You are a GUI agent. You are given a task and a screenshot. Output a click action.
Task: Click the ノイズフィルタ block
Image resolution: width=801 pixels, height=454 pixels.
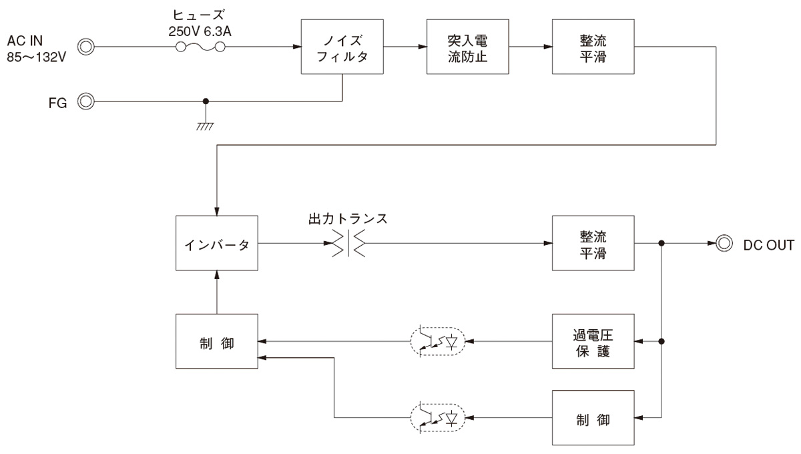point(342,47)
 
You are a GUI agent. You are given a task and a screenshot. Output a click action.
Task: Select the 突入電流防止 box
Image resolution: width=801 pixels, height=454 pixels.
point(467,47)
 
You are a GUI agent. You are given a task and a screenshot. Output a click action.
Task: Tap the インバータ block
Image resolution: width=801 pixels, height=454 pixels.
point(216,243)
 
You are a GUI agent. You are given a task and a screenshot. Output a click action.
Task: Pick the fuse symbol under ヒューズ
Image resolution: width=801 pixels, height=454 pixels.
point(200,47)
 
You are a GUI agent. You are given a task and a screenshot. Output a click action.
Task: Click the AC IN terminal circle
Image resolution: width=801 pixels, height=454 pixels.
point(86,47)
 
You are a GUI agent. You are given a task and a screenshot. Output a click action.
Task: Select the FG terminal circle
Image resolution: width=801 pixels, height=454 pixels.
point(86,101)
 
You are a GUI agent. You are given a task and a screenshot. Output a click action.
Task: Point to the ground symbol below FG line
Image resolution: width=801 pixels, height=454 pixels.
point(206,124)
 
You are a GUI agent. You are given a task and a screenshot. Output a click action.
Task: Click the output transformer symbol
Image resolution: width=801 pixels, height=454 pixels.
point(348,243)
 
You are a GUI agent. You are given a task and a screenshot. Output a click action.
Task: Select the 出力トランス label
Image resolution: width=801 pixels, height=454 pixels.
point(348,218)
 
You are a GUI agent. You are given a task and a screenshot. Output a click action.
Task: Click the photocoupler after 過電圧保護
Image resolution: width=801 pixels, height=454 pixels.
point(437,341)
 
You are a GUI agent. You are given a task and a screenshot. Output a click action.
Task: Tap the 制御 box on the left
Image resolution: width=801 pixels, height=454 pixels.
point(216,340)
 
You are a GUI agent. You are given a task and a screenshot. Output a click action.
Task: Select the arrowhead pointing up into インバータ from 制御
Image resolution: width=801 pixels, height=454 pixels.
point(216,275)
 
